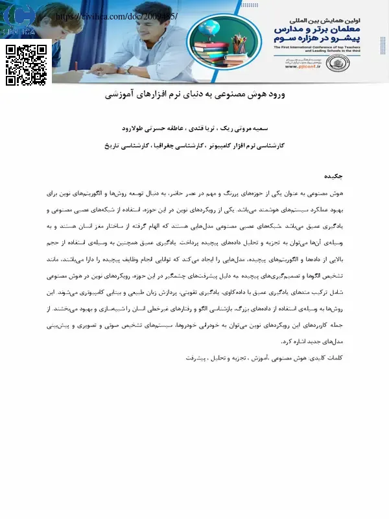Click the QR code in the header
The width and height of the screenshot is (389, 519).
click(27, 65)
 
